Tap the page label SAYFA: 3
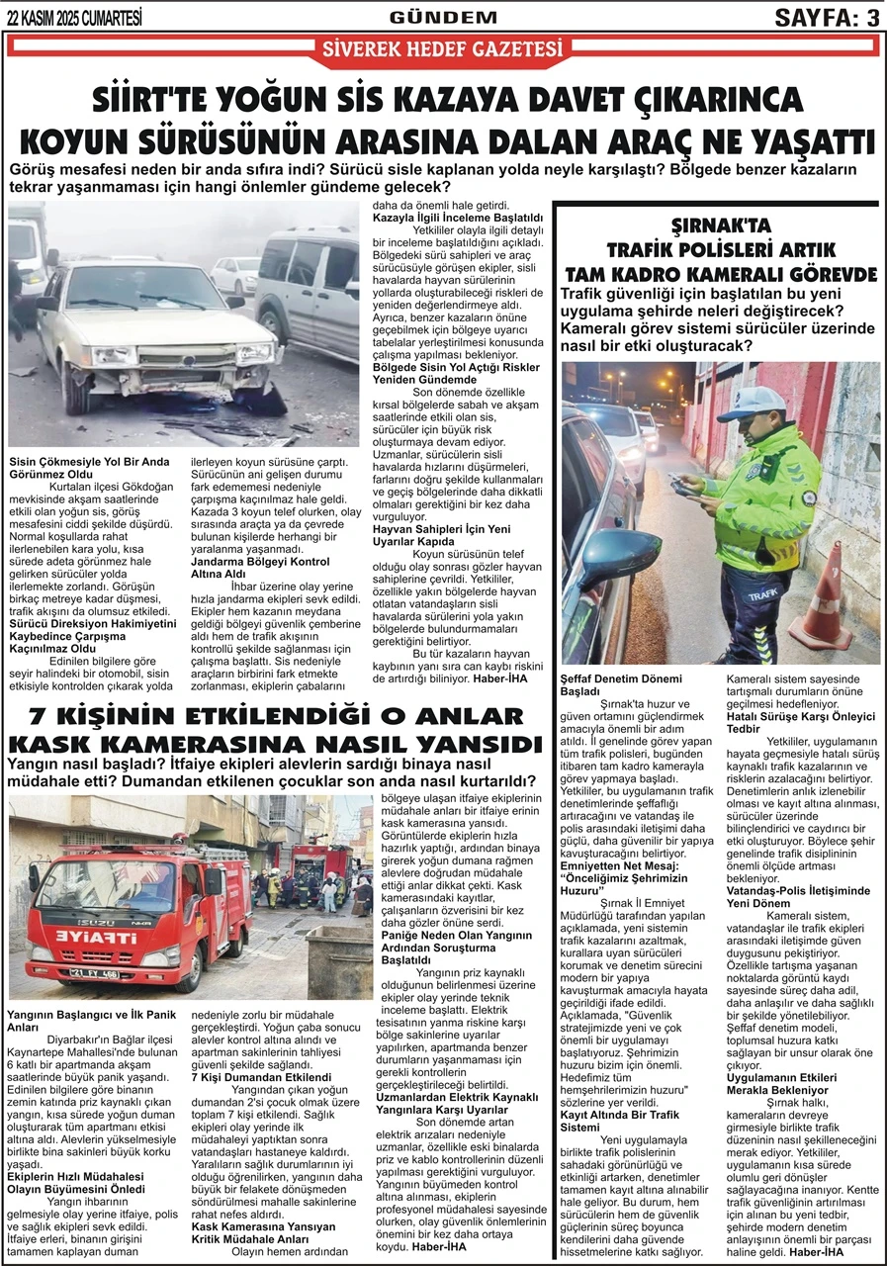(826, 17)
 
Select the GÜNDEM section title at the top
(443, 17)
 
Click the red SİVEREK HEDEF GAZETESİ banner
(443, 47)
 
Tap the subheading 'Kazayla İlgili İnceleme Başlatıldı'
(458, 218)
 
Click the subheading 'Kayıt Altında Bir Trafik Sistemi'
(619, 1121)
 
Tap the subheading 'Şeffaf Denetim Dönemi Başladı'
(621, 685)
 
